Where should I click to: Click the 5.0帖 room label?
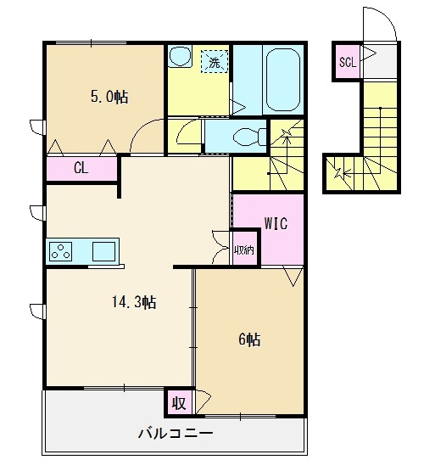click(109, 97)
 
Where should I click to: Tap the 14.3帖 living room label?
click(134, 301)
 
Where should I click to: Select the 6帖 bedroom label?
click(249, 339)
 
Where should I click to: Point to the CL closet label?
click(81, 168)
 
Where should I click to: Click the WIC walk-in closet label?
click(276, 223)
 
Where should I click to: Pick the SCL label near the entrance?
click(348, 62)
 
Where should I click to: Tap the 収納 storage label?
click(244, 250)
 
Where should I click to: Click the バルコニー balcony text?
click(176, 434)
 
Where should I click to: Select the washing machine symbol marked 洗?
click(215, 61)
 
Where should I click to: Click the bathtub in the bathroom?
click(282, 80)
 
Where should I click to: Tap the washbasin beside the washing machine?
click(181, 56)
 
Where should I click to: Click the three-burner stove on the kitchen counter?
click(61, 252)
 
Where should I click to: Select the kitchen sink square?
click(103, 252)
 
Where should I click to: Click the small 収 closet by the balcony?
click(179, 403)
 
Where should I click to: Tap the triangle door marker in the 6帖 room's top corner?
click(293, 276)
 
